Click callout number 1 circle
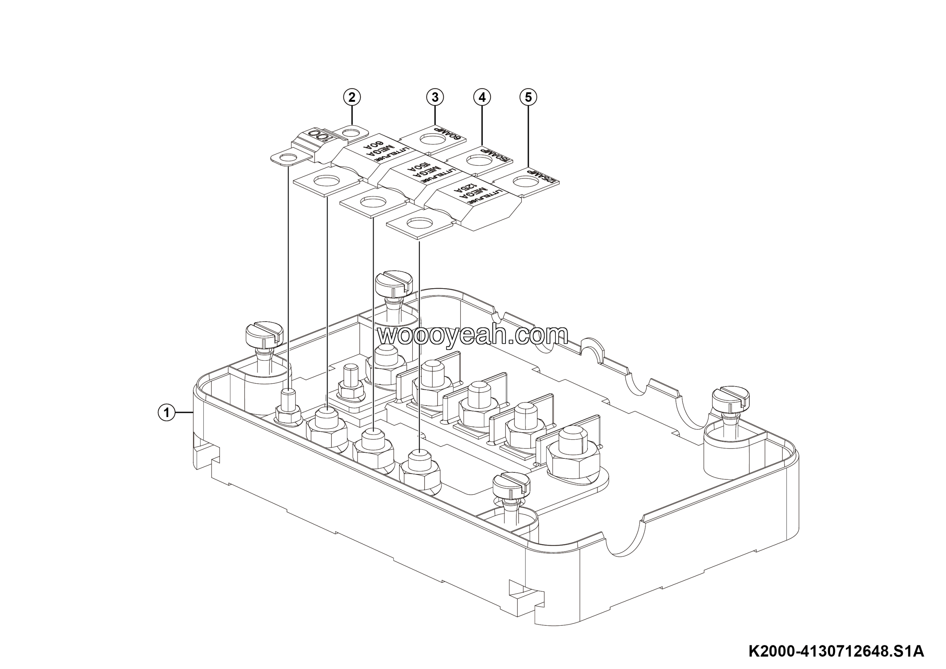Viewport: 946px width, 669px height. (x=166, y=412)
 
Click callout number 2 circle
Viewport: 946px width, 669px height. (x=352, y=97)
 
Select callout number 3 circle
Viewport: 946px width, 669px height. (x=435, y=97)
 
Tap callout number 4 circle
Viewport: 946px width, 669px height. (x=482, y=97)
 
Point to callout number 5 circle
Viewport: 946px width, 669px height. (x=529, y=97)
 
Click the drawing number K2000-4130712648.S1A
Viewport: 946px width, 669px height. (x=836, y=652)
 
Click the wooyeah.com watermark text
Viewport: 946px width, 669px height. (x=473, y=334)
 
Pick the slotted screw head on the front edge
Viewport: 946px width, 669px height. (x=511, y=485)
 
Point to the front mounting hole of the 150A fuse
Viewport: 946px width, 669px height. (x=373, y=202)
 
